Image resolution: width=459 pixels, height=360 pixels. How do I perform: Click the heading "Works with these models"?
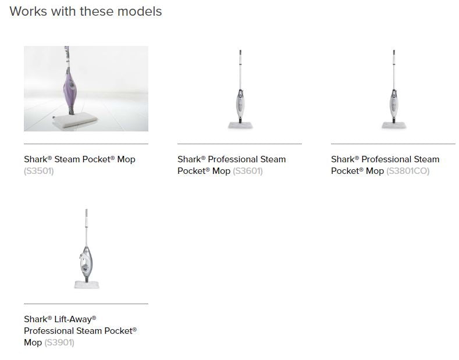[86, 12]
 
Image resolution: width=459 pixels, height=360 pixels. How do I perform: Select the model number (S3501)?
[39, 171]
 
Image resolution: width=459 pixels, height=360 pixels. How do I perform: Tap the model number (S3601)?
[248, 171]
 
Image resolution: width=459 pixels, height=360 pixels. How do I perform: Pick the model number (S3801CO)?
[408, 171]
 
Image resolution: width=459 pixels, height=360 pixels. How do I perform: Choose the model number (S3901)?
[59, 343]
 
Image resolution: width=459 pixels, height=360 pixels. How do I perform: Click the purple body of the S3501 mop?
[70, 89]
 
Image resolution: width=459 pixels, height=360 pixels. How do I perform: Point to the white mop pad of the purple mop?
[75, 119]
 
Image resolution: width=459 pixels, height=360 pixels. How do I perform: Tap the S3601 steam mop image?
[240, 89]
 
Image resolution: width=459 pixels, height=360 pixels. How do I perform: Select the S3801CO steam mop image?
[394, 89]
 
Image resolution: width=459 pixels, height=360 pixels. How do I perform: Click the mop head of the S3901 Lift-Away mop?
[87, 284]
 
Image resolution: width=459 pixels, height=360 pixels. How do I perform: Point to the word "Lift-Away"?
[75, 319]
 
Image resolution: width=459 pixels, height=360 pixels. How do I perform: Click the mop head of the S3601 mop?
[240, 126]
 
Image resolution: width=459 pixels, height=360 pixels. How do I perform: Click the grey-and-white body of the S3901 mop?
[86, 262]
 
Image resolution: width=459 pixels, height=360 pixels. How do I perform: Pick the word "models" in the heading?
[140, 12]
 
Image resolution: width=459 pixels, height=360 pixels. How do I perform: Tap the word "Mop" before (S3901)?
[33, 343]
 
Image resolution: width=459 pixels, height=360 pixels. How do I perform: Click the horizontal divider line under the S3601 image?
[240, 144]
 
